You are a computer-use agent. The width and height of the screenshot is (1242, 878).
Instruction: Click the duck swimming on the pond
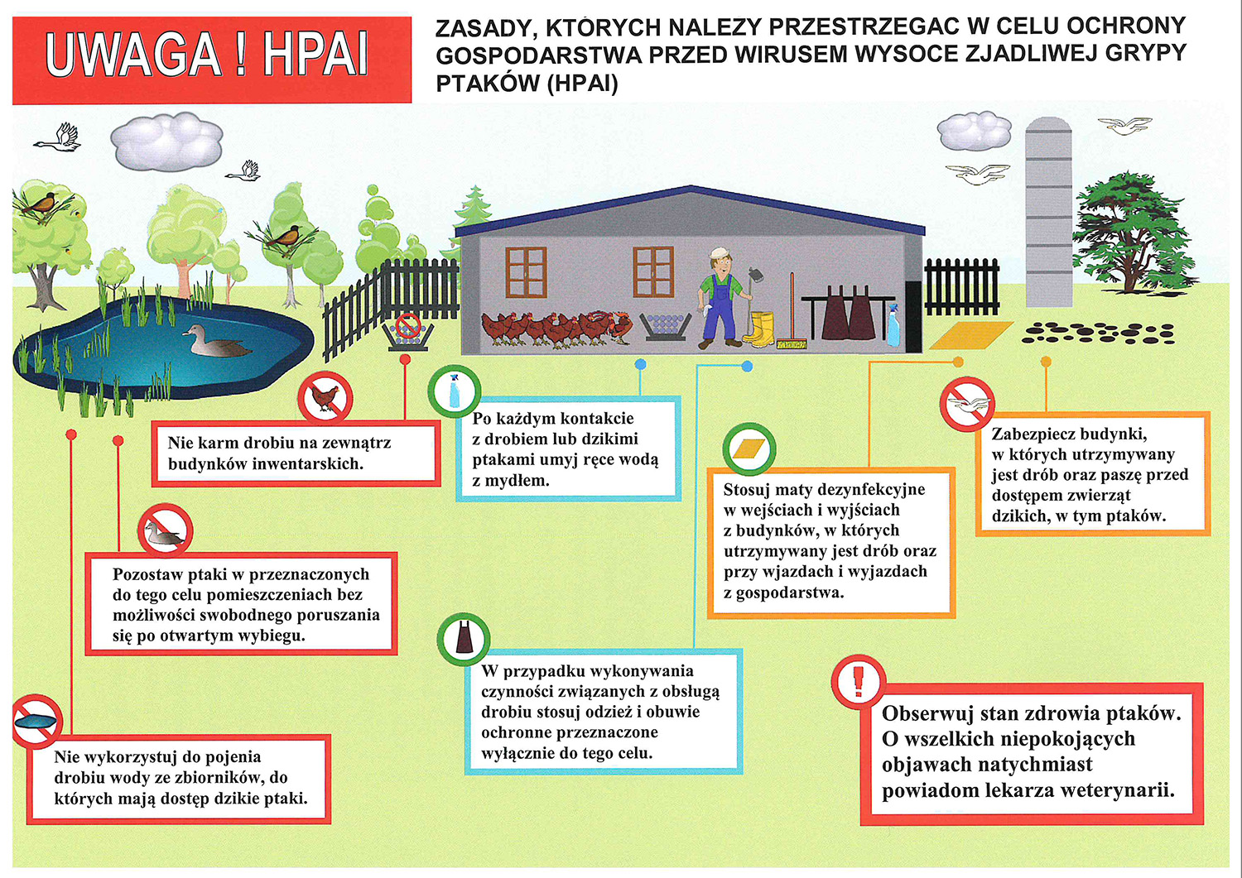[214, 341]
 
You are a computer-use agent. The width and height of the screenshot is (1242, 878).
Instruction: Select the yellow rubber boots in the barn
[759, 329]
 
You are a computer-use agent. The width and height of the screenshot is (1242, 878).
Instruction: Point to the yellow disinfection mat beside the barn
[970, 334]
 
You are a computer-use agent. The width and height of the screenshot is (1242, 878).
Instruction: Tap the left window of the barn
[526, 271]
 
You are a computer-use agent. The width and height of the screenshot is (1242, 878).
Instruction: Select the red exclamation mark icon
[858, 680]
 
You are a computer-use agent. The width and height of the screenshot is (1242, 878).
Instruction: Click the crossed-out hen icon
[325, 398]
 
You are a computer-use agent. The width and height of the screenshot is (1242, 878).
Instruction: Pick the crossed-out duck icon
[166, 530]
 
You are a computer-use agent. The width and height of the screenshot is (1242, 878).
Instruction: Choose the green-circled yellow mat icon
[749, 449]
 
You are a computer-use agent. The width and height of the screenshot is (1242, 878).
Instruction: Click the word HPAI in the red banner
[315, 56]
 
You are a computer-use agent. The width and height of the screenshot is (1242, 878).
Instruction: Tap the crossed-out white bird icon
[967, 405]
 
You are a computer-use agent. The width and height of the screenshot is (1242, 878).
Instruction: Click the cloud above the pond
[166, 141]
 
